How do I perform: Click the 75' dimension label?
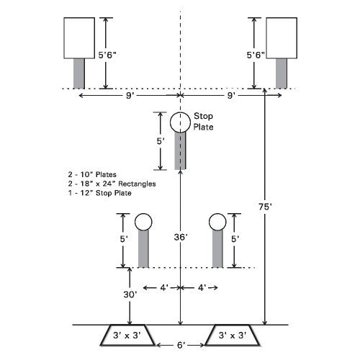point(265,207)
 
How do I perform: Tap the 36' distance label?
point(181,237)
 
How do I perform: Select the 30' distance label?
point(130,294)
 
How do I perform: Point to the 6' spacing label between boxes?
point(181,345)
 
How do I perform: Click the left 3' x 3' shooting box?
point(127,335)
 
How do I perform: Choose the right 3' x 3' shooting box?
point(233,335)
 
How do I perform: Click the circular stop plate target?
point(180,122)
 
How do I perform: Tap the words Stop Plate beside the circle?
point(203,122)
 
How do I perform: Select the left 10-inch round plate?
point(143,222)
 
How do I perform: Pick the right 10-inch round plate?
point(217,222)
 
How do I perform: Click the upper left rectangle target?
point(79,38)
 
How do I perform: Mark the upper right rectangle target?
point(282,38)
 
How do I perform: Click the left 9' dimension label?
point(130,96)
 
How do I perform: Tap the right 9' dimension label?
point(230,96)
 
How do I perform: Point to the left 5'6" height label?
point(107,55)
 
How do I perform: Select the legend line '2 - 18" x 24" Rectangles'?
point(112,184)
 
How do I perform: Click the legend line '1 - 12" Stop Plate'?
point(99,193)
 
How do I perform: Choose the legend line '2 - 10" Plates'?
point(92,174)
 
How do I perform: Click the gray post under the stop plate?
point(180,150)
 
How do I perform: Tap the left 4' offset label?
point(164,287)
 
